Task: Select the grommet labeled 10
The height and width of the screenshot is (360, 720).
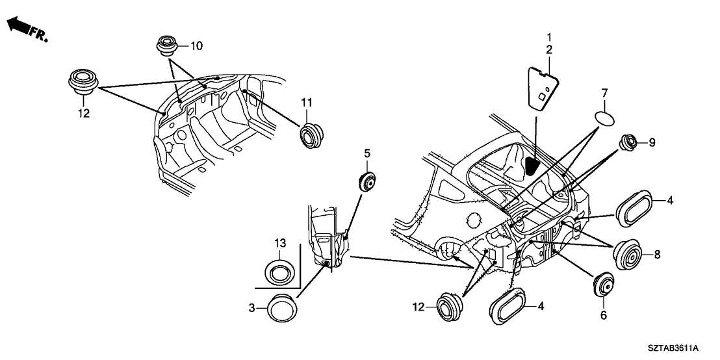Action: tap(166, 47)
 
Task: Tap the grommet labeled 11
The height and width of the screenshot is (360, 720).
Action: tap(311, 134)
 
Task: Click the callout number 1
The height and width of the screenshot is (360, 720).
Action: tap(548, 36)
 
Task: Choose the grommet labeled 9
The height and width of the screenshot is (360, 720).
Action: tap(628, 142)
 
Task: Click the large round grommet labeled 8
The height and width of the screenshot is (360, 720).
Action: tap(628, 255)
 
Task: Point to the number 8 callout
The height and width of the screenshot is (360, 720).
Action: tap(656, 255)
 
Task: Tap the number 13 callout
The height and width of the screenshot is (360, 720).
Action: tap(279, 243)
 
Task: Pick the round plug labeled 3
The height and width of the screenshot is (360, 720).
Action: tap(281, 306)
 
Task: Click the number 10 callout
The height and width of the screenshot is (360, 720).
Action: tap(196, 45)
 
